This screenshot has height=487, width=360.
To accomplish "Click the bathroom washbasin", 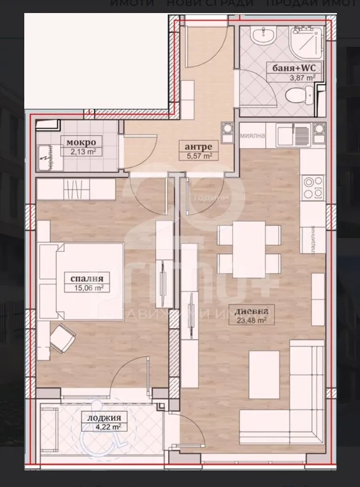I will click(261, 36).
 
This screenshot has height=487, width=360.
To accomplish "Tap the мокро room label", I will click(81, 143).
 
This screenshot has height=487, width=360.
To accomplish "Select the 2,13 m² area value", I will click(81, 152).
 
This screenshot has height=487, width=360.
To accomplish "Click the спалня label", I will click(88, 279).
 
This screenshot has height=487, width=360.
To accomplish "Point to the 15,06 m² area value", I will click(88, 289).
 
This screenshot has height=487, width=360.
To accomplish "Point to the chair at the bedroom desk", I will click(63, 338).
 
